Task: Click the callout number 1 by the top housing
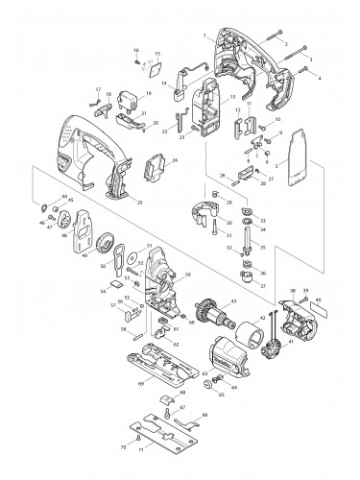[204, 35]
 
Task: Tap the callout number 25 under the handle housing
[140, 203]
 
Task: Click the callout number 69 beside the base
[140, 384]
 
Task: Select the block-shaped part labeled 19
[130, 99]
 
